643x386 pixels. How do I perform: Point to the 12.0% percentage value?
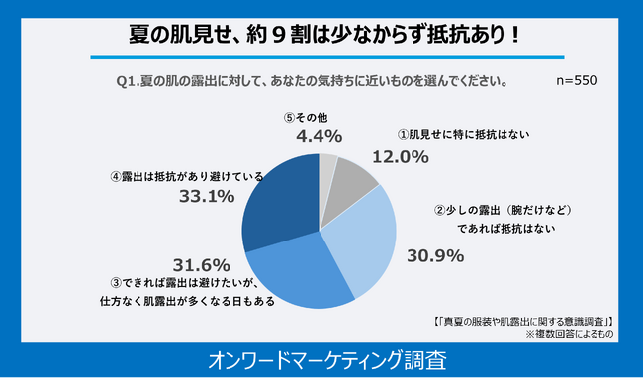pos(400,156)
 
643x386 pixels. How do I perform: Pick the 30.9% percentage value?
pos(436,255)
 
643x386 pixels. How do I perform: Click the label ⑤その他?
pos(310,116)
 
